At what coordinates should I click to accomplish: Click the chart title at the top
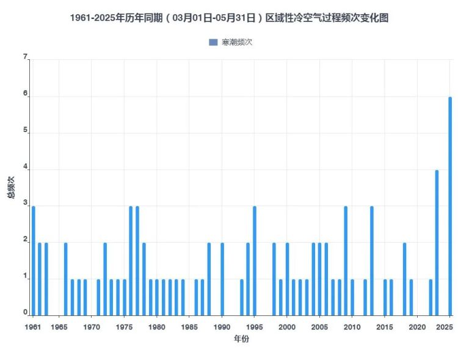(229, 18)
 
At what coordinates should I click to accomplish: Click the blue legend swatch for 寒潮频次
(213, 42)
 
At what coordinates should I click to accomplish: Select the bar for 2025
(450, 206)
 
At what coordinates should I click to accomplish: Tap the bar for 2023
(437, 243)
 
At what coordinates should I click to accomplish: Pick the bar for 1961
(33, 261)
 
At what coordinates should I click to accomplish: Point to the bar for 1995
(255, 261)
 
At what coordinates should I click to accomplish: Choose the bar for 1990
(222, 279)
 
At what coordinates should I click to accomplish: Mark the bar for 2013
(372, 261)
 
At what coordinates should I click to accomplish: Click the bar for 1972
(105, 279)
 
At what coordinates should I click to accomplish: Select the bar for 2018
(404, 279)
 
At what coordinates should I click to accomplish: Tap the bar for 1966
(65, 279)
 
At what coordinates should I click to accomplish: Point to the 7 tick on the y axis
(25, 57)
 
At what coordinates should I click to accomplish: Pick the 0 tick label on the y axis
(25, 313)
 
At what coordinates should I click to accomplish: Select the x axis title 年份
(241, 339)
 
